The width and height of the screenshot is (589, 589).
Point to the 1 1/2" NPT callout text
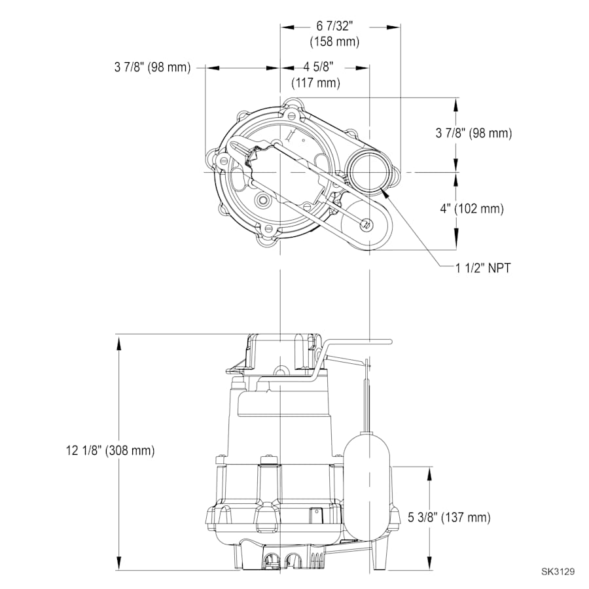[483, 267]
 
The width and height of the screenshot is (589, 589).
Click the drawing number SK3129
[558, 571]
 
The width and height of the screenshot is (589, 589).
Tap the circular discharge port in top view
[370, 171]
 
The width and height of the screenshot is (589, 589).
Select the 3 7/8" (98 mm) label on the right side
[473, 133]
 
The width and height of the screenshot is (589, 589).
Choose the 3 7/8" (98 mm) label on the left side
[152, 67]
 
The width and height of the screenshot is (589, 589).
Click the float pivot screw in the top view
[366, 225]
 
